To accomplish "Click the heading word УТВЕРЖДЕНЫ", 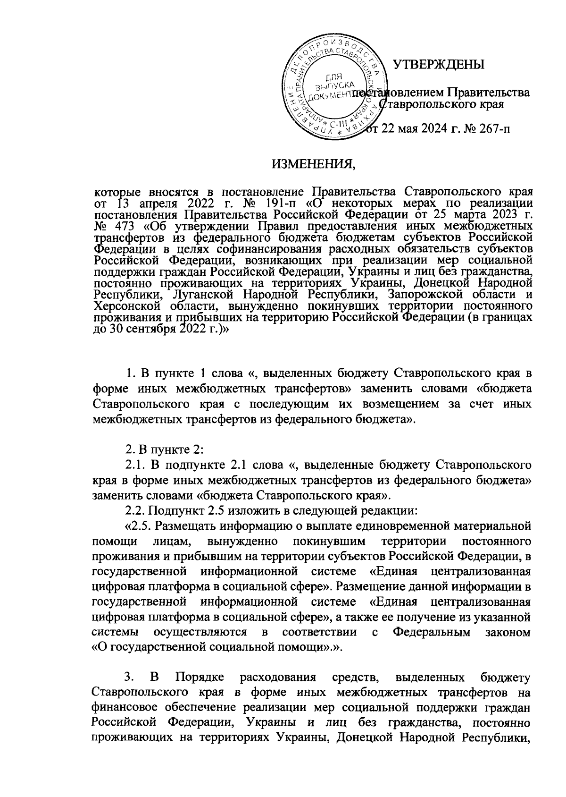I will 439,64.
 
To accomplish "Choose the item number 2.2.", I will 134,510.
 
